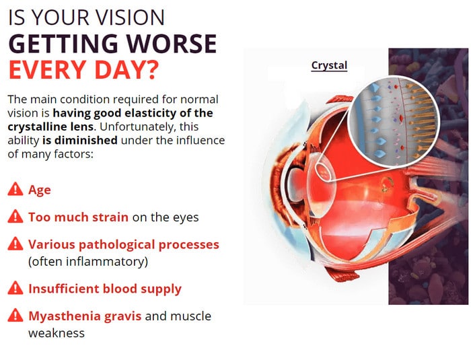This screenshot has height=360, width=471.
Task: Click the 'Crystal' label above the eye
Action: [329, 65]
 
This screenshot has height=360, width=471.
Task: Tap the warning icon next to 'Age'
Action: [15, 189]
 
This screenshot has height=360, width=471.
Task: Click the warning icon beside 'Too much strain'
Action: [15, 217]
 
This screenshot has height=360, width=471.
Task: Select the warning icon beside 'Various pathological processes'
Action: [15, 244]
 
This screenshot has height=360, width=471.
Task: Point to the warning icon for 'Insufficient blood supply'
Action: [15, 288]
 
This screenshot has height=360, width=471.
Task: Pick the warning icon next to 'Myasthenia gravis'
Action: [15, 316]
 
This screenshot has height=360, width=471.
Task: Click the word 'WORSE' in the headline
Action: [172, 44]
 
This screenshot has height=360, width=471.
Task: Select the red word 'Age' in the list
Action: [40, 190]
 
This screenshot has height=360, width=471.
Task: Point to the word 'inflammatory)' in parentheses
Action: [107, 262]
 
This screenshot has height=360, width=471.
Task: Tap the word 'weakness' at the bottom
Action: [57, 333]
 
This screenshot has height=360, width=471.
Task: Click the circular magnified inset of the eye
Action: [394, 121]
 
